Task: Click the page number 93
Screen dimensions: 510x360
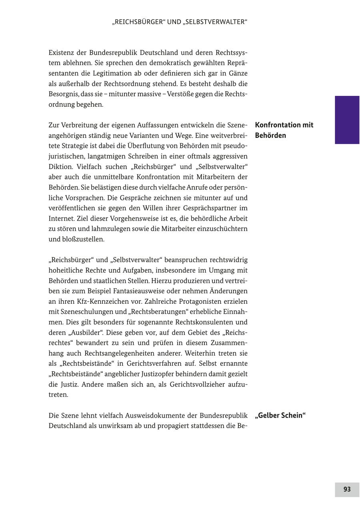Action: [x=347, y=489]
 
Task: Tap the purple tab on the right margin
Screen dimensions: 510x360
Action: [x=347, y=120]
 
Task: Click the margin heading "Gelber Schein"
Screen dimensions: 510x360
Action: [x=280, y=415]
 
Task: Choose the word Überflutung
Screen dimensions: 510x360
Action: [x=143, y=146]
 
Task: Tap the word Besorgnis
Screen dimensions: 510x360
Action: [x=64, y=94]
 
